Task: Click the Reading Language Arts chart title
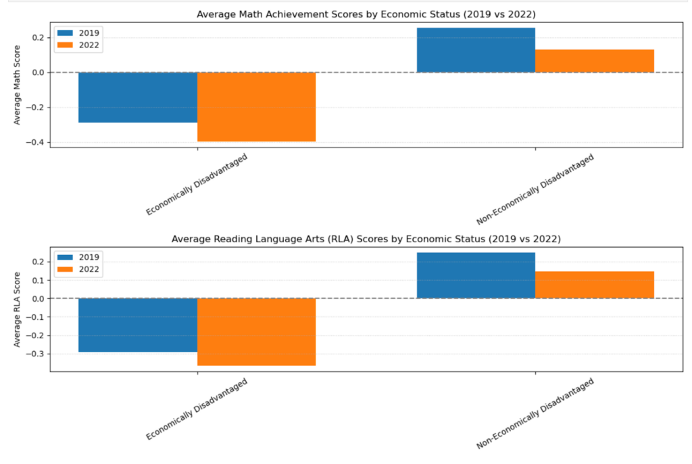[x=366, y=239]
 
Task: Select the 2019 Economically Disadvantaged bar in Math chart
[x=138, y=97]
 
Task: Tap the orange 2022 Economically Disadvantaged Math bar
[x=256, y=107]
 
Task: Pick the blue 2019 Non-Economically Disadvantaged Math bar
[x=476, y=50]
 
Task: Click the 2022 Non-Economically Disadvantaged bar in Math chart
[x=594, y=61]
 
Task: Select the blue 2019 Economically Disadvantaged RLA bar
[x=138, y=325]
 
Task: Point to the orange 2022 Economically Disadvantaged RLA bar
[x=256, y=331]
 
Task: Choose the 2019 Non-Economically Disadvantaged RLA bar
[x=476, y=275]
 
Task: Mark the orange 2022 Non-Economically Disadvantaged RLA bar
[x=594, y=285]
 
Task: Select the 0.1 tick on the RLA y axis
[x=38, y=280]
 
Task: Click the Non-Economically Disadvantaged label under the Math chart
[x=535, y=190]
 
